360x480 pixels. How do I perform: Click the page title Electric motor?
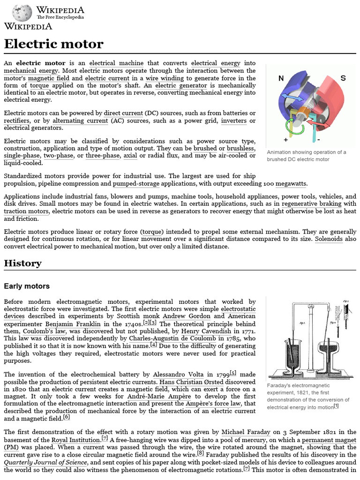tap(53, 45)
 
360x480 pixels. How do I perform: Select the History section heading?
tap(22, 263)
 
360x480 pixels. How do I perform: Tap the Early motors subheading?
tap(27, 286)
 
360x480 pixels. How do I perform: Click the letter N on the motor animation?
tap(281, 78)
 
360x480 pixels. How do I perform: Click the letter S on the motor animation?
tap(343, 78)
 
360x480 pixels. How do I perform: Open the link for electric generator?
tap(181, 86)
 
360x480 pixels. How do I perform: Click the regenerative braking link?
tap(314, 204)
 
